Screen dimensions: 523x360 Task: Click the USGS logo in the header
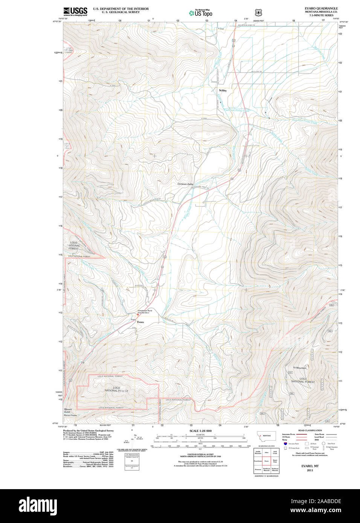click(75, 11)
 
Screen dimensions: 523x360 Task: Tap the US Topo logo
click(201, 13)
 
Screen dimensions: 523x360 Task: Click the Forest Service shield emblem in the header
click(258, 12)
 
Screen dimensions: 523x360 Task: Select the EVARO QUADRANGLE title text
click(321, 8)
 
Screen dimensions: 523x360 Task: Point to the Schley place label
click(223, 91)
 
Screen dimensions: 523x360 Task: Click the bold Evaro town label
click(140, 322)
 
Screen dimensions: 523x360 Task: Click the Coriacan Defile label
click(185, 184)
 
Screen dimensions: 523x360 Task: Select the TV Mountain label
click(300, 368)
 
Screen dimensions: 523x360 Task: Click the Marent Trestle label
click(70, 415)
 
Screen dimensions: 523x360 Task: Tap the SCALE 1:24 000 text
click(200, 431)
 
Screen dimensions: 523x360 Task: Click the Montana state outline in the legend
click(266, 436)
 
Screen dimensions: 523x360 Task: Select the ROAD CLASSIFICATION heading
click(310, 430)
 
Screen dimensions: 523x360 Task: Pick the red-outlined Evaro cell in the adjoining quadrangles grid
click(266, 460)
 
